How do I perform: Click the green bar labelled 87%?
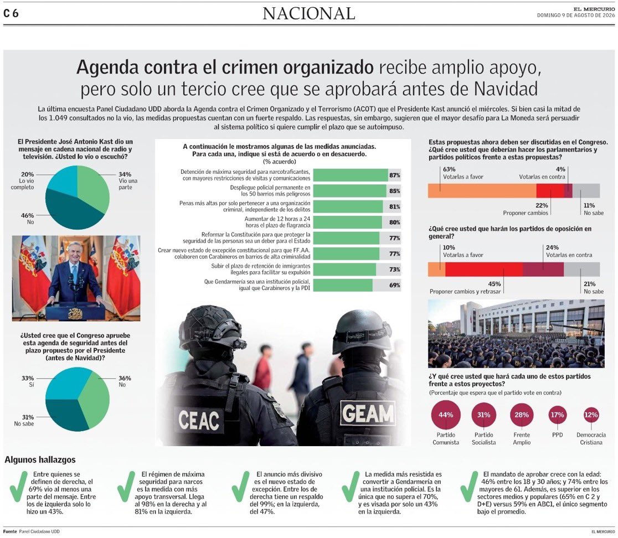[351, 175]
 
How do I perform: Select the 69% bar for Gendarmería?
[343, 285]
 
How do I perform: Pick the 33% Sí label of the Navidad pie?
[28, 381]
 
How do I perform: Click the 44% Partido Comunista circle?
[446, 415]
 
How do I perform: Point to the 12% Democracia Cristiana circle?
[591, 415]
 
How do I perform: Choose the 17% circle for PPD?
[557, 415]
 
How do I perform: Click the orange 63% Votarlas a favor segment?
[482, 190]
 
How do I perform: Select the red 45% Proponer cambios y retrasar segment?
[484, 270]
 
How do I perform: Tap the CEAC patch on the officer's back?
[199, 420]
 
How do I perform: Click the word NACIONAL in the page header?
[309, 14]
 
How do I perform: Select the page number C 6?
[11, 13]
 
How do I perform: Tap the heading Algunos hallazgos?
[40, 459]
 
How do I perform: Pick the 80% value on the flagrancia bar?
[394, 223]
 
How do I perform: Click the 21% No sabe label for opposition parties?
[594, 287]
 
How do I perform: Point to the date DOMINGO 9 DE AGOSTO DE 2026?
[576, 15]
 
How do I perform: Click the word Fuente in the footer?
[10, 531]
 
